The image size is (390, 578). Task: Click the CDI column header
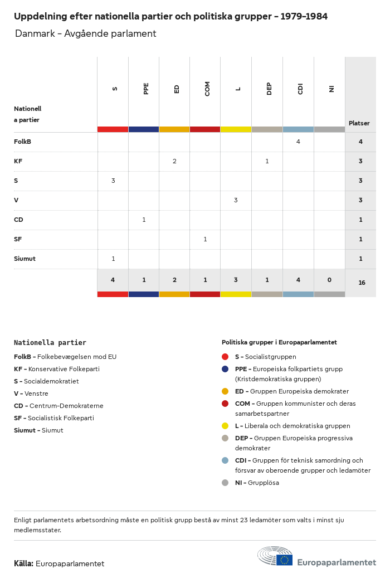point(300,88)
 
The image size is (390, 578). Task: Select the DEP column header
point(269,88)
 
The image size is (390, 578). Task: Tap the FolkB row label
point(22,142)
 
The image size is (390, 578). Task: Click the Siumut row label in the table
point(25,259)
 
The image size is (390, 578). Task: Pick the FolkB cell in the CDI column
point(298,142)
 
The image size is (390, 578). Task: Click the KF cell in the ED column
point(174,161)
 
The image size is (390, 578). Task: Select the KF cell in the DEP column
point(267,161)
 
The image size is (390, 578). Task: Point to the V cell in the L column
point(236,200)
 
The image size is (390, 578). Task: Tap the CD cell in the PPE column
point(144,220)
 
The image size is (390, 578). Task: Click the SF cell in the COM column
point(205,239)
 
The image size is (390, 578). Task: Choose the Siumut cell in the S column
point(113,259)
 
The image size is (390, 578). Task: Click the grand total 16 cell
point(362,283)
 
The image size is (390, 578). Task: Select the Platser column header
point(359,123)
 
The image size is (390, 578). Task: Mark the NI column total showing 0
point(329,280)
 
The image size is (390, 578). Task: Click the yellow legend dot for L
point(225,426)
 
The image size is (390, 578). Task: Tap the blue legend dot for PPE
point(225,369)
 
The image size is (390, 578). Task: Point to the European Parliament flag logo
point(284,560)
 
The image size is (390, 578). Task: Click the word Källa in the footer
point(23,564)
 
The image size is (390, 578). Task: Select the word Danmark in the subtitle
point(35,33)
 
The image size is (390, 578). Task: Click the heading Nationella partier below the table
point(50,342)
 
